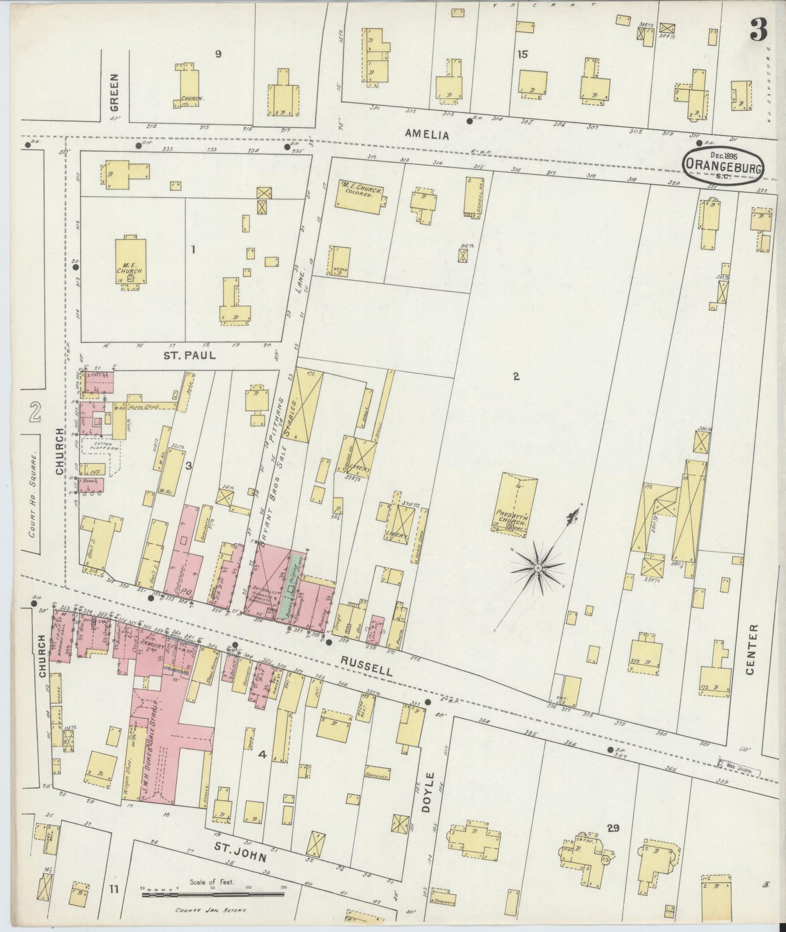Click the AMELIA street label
tap(427, 135)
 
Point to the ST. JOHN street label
tap(240, 856)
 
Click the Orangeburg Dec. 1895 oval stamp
tap(723, 163)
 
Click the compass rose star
tap(537, 568)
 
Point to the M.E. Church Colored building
tap(361, 194)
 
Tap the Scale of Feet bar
tap(212, 893)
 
